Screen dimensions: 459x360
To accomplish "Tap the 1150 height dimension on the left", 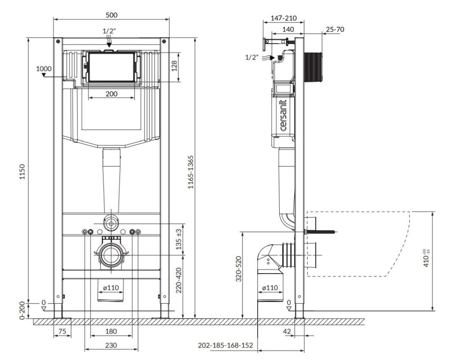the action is coord(23,172).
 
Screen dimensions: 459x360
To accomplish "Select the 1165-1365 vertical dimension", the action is coord(191,172).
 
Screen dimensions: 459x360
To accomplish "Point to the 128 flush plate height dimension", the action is coord(174,66).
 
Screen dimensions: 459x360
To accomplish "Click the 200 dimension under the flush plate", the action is coord(112,94).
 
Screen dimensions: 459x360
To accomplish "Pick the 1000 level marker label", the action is coord(44,69).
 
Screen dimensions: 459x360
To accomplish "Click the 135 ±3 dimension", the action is coord(179,239).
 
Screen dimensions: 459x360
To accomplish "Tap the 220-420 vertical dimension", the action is coord(179,280).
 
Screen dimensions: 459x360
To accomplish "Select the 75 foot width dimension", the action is coord(62,331).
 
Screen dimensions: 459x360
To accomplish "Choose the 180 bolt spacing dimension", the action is coord(111,331).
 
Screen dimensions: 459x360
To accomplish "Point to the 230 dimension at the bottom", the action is coord(111,346).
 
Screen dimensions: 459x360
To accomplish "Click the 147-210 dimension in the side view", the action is coord(283,18).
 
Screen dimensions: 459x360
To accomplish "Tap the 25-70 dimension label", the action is coord(335,30).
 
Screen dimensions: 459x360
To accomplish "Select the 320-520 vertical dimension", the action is coord(239,269).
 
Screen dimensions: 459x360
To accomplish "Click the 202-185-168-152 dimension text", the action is coord(225,346).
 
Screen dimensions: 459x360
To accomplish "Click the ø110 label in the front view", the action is coord(111,288).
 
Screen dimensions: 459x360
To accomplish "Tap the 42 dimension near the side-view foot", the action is coord(287,331).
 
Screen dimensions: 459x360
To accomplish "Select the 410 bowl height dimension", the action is coord(426,258).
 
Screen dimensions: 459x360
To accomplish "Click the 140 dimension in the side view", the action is coord(288,30).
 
